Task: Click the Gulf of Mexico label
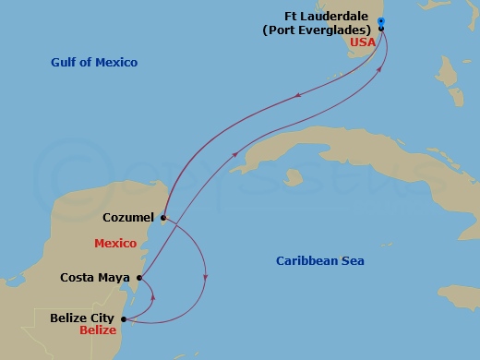[x=94, y=62]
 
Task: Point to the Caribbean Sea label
[x=320, y=261]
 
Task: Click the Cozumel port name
[x=128, y=218]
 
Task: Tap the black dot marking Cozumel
[x=162, y=219]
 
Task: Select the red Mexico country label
[x=115, y=243]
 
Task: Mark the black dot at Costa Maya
[x=138, y=277]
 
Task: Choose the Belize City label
[x=81, y=318]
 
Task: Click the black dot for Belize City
[x=124, y=319]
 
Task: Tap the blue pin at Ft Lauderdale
[x=381, y=21]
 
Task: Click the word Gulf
[x=65, y=62]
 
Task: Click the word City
[x=103, y=318]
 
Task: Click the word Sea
[x=354, y=261]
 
